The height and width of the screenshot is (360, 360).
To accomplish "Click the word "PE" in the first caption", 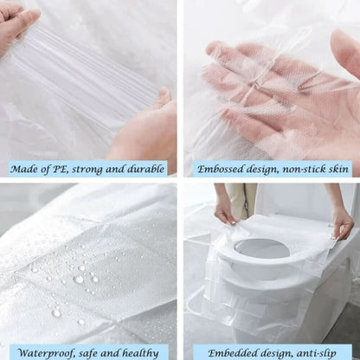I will (71, 169).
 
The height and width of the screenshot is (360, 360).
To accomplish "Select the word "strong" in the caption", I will (99, 169).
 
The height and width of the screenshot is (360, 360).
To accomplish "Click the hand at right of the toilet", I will (343, 221).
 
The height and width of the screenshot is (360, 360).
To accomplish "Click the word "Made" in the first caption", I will (31, 169).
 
